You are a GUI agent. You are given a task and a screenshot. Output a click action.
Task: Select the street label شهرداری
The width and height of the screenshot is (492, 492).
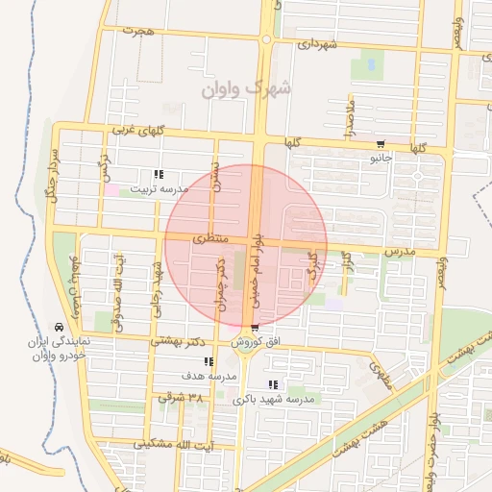point(317,44)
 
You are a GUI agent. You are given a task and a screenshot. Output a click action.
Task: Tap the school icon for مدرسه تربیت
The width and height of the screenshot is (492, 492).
point(159,175)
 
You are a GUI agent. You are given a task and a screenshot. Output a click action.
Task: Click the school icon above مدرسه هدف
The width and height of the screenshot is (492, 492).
point(209,362)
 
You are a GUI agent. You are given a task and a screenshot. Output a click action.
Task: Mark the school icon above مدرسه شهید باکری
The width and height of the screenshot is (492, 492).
point(272,384)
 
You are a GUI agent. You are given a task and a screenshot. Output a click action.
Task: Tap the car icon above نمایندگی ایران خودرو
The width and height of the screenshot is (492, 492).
point(61,327)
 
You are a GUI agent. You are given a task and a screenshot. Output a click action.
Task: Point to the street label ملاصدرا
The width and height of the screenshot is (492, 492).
point(352,115)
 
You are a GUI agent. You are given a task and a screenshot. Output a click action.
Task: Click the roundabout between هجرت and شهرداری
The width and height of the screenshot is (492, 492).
point(266,39)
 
